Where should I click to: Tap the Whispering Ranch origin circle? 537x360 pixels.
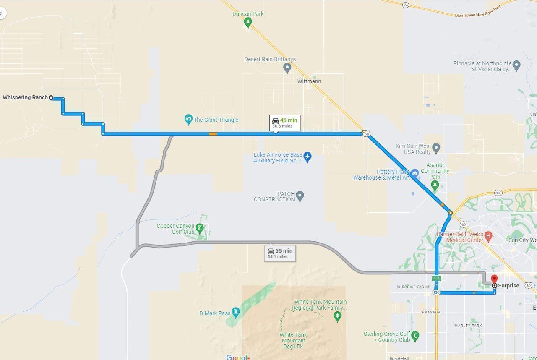51,98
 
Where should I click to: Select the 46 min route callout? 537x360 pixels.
285,123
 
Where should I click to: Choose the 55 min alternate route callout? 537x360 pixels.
280,253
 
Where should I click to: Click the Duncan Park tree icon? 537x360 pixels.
248,22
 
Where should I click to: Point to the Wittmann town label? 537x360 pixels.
309,81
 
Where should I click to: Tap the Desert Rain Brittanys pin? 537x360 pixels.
287,68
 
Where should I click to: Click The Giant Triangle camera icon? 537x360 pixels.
188,120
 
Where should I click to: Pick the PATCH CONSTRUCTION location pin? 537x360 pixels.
300,196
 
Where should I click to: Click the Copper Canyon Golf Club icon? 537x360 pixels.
200,228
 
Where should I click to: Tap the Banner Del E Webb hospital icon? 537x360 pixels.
488,236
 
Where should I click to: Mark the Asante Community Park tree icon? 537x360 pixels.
435,185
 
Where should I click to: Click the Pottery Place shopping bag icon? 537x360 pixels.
415,173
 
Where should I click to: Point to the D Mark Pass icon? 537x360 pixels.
236,312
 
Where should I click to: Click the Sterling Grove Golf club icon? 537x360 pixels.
415,335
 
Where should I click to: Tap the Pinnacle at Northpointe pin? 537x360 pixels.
516,65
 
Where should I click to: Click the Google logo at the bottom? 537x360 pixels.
238,357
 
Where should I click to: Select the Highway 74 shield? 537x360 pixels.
405,5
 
